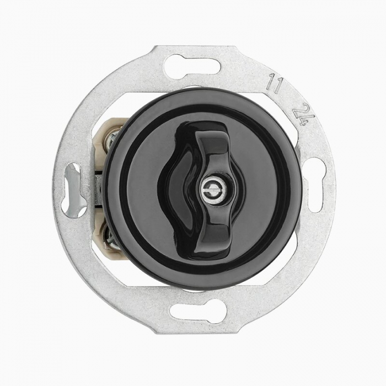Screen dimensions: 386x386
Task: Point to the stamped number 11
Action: (x=275, y=83)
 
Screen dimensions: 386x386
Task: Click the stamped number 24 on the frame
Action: (x=301, y=114)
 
